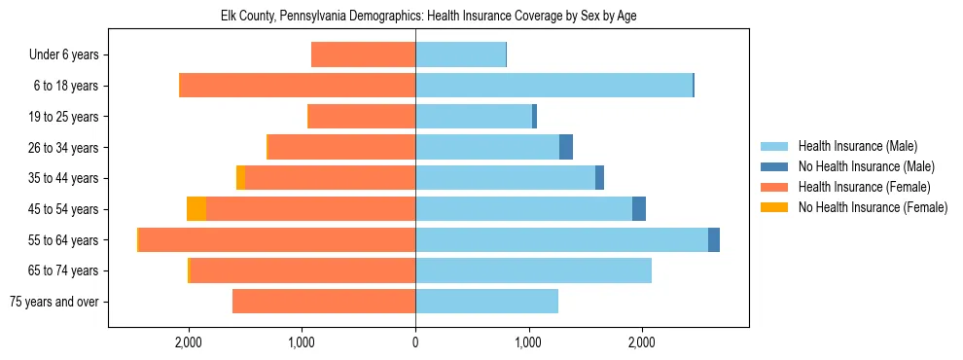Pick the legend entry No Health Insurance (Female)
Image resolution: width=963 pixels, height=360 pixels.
(873, 207)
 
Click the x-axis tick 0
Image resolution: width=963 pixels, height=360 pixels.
(415, 342)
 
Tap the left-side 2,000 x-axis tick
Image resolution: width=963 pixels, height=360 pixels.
(188, 342)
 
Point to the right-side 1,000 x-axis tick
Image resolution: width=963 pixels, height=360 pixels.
(528, 342)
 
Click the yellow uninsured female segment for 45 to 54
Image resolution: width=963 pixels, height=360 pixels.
(196, 209)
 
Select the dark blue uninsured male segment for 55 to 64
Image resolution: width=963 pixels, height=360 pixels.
(714, 239)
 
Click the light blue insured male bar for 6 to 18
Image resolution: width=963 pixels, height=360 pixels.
(553, 86)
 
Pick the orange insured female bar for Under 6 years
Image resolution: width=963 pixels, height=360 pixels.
(363, 55)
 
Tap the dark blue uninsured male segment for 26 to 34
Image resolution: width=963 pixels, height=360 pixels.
(566, 147)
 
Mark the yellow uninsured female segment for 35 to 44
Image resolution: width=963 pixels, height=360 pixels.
(240, 178)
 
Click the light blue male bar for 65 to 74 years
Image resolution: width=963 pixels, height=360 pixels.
(533, 270)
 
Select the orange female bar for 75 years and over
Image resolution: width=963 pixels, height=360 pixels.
(324, 302)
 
